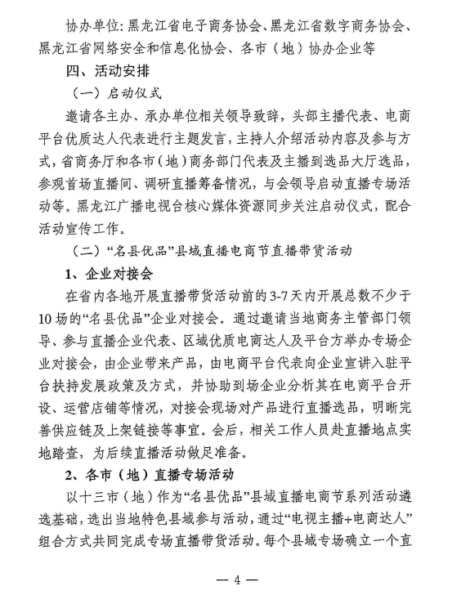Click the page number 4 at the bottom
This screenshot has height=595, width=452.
pyautogui.click(x=237, y=579)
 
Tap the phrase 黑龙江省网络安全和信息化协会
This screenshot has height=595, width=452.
pyautogui.click(x=139, y=48)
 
